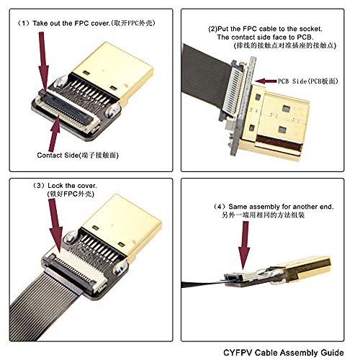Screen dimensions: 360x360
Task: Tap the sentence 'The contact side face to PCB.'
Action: coord(266,37)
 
